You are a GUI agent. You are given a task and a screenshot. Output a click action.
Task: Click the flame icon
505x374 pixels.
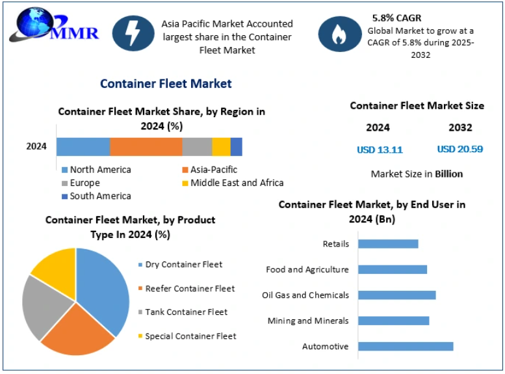point(339,35)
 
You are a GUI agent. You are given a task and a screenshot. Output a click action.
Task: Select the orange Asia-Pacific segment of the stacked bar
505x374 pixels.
point(146,147)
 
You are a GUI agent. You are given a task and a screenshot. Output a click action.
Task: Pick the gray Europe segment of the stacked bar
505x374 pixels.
point(197,147)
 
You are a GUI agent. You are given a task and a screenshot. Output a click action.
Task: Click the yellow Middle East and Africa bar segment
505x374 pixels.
point(221,147)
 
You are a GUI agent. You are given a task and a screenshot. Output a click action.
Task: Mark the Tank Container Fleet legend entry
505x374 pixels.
point(186,312)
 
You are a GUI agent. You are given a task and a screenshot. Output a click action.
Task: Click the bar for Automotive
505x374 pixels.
point(406,346)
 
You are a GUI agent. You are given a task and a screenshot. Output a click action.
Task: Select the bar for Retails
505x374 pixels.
point(388,244)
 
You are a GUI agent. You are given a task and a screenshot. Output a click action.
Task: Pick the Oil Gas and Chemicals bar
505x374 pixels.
point(396,295)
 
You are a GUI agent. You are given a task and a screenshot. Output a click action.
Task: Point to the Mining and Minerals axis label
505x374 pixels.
point(308,321)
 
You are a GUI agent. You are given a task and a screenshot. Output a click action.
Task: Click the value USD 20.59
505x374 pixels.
point(460,149)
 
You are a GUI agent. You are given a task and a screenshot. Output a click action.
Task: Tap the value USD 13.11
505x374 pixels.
point(380,150)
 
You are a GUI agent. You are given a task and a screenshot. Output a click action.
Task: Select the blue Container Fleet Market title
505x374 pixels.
point(166,84)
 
